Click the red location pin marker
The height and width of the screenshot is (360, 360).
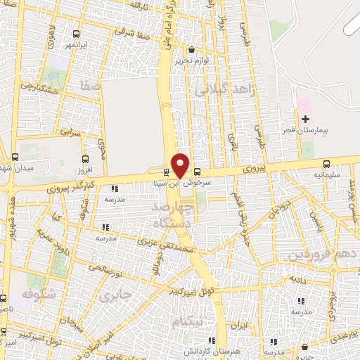[x=180, y=165]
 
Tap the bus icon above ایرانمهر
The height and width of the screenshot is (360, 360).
[x=75, y=34]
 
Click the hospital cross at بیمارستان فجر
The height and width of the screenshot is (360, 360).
[x=304, y=118]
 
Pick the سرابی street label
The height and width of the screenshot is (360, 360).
[x=71, y=131]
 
